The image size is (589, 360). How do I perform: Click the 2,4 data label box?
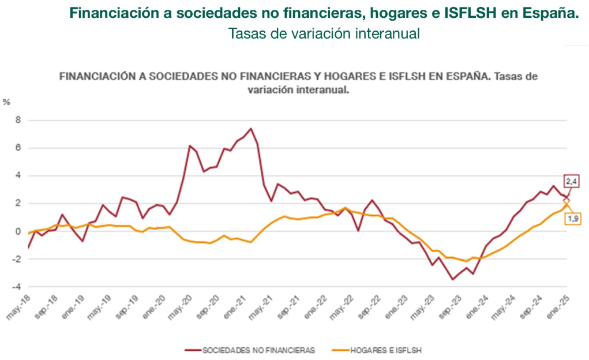tap(572, 181)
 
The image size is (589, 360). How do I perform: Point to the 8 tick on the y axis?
tap(17, 121)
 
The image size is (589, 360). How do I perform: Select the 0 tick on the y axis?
tap(17, 231)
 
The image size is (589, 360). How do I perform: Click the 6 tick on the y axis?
tap(17, 148)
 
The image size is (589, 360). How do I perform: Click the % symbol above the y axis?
tap(6, 102)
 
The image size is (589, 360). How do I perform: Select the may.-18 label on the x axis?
tap(18, 306)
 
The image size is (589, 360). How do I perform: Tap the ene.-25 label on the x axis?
tap(556, 306)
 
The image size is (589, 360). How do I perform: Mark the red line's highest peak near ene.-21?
tap(251, 128)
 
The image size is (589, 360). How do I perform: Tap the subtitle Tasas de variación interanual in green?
tap(324, 33)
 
